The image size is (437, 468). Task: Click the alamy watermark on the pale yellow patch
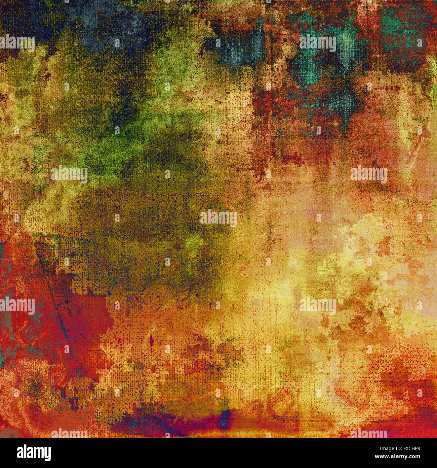coord(318,306)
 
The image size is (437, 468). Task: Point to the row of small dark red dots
coord(383,88)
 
